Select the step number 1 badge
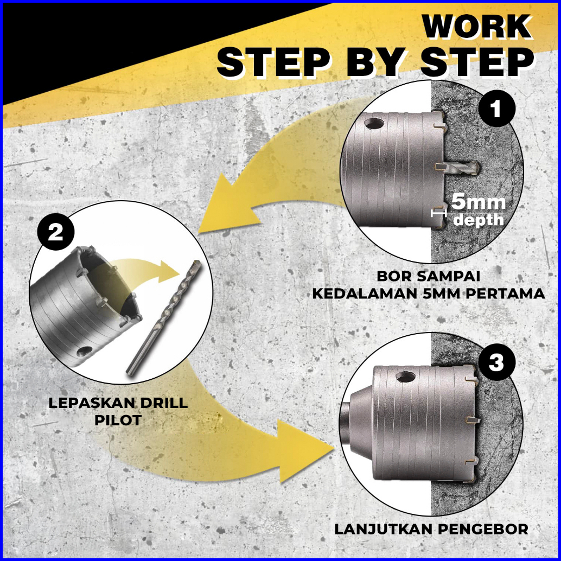[496, 109]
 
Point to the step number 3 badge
[496, 362]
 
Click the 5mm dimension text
[479, 202]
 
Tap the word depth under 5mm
[479, 220]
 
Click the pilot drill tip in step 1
[477, 167]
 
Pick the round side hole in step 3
[405, 377]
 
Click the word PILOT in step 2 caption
[118, 420]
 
